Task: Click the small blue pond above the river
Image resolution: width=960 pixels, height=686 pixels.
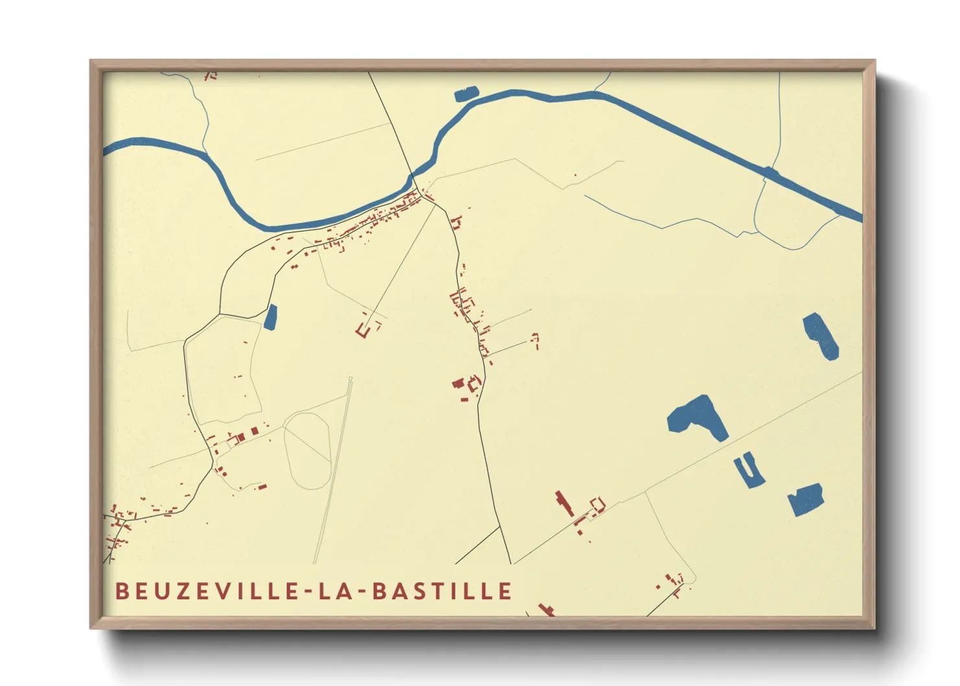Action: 465,95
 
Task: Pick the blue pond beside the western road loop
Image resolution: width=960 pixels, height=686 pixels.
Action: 270,317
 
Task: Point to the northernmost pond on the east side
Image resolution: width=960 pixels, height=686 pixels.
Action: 821,334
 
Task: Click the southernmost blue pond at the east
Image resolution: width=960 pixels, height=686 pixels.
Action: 806,499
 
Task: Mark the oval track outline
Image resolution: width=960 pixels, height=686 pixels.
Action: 307,451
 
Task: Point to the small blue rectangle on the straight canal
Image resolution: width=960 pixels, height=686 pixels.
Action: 771,172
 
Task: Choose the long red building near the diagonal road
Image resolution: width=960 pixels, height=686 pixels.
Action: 565,504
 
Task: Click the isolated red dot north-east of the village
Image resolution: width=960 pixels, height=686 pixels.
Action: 575,175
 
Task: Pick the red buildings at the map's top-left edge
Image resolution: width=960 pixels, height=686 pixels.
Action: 210,76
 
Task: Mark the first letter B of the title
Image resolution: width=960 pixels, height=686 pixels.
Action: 121,591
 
